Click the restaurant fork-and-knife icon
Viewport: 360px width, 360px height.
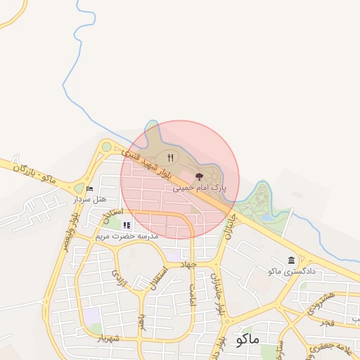click(x=170, y=157)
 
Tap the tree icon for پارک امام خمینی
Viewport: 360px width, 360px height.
click(x=199, y=177)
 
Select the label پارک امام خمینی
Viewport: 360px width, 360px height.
click(x=200, y=188)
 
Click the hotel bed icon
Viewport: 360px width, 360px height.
click(x=89, y=188)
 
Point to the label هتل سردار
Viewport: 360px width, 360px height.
click(x=90, y=199)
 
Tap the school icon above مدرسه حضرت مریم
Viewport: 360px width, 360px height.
click(x=127, y=225)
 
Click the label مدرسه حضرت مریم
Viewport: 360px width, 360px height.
click(x=127, y=236)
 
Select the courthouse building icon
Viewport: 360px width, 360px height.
click(x=291, y=260)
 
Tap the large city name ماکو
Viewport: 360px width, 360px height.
click(x=249, y=339)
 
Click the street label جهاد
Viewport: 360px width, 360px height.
click(x=187, y=264)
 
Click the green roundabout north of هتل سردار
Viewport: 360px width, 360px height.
click(x=106, y=147)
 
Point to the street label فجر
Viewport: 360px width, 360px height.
click(x=325, y=323)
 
